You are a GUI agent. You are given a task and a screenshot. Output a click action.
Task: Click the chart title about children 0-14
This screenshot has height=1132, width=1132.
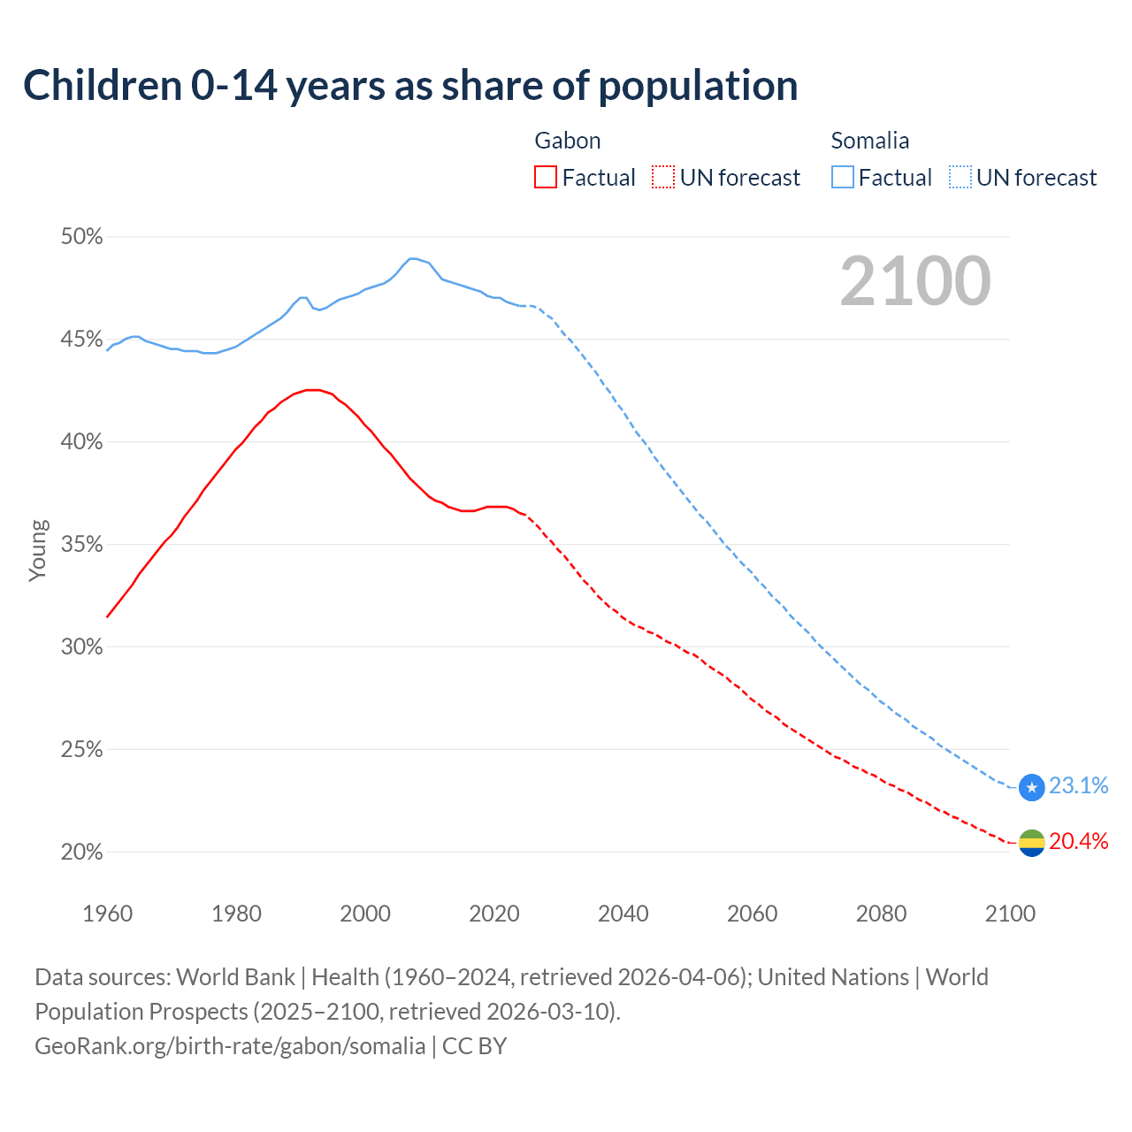pyautogui.click(x=410, y=86)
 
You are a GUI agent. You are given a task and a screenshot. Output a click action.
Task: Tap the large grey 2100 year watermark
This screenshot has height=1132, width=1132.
pyautogui.click(x=915, y=281)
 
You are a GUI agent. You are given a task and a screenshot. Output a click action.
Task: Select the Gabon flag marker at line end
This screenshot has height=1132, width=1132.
pyautogui.click(x=1032, y=843)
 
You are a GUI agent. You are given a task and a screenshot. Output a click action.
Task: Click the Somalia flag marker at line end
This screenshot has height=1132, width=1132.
pyautogui.click(x=1032, y=787)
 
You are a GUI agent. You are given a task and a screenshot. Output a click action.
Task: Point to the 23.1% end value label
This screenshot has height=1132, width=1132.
pyautogui.click(x=1078, y=786)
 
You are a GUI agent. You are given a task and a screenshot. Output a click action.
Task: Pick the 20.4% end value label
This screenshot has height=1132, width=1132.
pyautogui.click(x=1078, y=841)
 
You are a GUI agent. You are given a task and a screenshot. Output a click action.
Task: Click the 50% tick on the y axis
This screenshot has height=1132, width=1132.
pyautogui.click(x=82, y=237)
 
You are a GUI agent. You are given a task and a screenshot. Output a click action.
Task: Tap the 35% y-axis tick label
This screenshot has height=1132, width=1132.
pyautogui.click(x=82, y=545)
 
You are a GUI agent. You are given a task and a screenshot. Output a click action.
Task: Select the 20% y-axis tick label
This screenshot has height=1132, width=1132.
pyautogui.click(x=82, y=853)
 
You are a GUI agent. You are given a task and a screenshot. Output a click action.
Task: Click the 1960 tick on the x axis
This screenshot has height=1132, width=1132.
pyautogui.click(x=108, y=914)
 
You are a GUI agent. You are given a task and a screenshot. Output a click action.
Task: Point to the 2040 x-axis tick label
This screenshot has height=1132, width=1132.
pyautogui.click(x=623, y=914)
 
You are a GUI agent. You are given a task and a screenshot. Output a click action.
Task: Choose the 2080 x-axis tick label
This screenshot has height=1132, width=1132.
pyautogui.click(x=881, y=914)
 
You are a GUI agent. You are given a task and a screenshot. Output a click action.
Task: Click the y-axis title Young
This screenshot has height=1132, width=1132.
pyautogui.click(x=38, y=550)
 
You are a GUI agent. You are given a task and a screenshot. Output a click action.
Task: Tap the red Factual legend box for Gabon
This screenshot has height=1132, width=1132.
pyautogui.click(x=546, y=178)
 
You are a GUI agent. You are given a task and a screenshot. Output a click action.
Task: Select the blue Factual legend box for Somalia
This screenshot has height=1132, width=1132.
pyautogui.click(x=843, y=178)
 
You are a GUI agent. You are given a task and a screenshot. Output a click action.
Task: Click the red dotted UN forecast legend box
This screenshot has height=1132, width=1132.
pyautogui.click(x=663, y=178)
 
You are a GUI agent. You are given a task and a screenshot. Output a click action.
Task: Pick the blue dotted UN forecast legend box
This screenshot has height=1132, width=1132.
pyautogui.click(x=960, y=178)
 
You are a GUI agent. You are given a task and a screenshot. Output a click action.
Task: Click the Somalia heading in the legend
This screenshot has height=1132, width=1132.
pyautogui.click(x=870, y=141)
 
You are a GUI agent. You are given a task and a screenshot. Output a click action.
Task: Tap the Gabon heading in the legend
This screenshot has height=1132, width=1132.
pyautogui.click(x=568, y=141)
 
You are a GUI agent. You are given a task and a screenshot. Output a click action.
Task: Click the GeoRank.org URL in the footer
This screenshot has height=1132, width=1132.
pyautogui.click(x=230, y=1046)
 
